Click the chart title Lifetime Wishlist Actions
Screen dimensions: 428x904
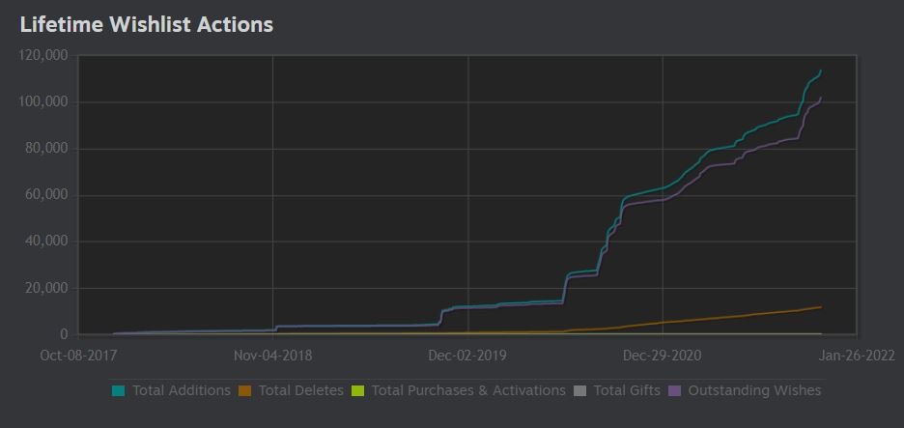click(x=146, y=25)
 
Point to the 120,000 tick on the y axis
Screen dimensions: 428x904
click(x=42, y=56)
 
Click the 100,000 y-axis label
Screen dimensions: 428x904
click(x=42, y=102)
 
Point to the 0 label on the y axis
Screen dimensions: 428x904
click(x=63, y=334)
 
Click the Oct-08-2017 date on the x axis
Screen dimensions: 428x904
click(x=77, y=355)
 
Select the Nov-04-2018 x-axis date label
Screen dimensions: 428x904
click(x=272, y=355)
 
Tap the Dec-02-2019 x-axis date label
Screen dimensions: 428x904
click(x=467, y=355)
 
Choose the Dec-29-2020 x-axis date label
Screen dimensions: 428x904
click(x=663, y=355)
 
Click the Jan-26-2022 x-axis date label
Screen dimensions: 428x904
click(x=856, y=355)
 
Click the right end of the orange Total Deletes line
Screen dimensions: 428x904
click(x=821, y=307)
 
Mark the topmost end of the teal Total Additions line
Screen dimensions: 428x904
click(x=821, y=70)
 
